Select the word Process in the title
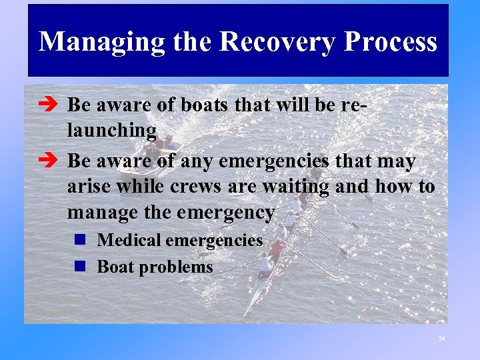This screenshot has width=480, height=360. (391, 41)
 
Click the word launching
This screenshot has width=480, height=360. (111, 131)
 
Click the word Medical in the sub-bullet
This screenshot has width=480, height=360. (127, 240)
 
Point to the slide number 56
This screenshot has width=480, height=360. (441, 339)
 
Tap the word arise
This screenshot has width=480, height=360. (88, 187)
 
